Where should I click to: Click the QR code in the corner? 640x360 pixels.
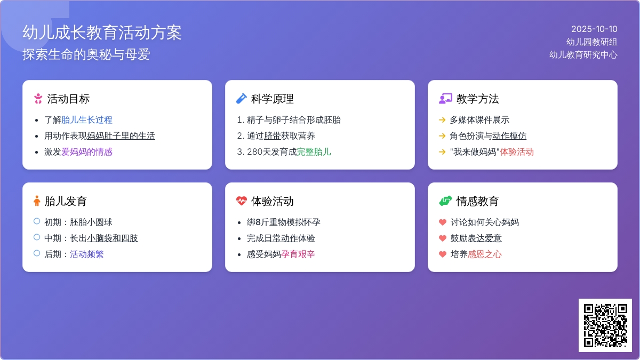[x=605, y=325]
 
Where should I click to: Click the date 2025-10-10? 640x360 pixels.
[x=594, y=29]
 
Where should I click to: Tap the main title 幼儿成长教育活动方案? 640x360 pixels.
[x=102, y=33]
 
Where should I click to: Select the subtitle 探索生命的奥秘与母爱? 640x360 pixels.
[x=86, y=54]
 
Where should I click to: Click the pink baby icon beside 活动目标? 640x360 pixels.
[x=38, y=99]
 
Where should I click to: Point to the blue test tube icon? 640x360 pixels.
[x=241, y=99]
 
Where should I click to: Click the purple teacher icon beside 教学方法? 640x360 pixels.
[x=445, y=99]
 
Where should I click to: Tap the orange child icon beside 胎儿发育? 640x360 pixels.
[x=37, y=201]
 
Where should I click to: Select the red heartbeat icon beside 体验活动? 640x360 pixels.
[x=241, y=201]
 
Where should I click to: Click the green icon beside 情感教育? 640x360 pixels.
[x=445, y=201]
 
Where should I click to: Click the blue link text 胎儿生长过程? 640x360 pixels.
[x=87, y=120]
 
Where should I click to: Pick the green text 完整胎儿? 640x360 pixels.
[x=314, y=152]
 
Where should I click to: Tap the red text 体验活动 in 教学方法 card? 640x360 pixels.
[x=517, y=152]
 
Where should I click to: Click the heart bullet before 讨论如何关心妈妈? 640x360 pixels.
[x=442, y=222]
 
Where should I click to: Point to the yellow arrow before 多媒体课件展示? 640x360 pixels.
[x=442, y=120]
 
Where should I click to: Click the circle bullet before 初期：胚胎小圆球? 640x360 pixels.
[x=37, y=221]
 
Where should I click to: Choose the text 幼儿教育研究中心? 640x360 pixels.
[x=583, y=54]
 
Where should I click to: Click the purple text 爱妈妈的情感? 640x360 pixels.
[x=87, y=152]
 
